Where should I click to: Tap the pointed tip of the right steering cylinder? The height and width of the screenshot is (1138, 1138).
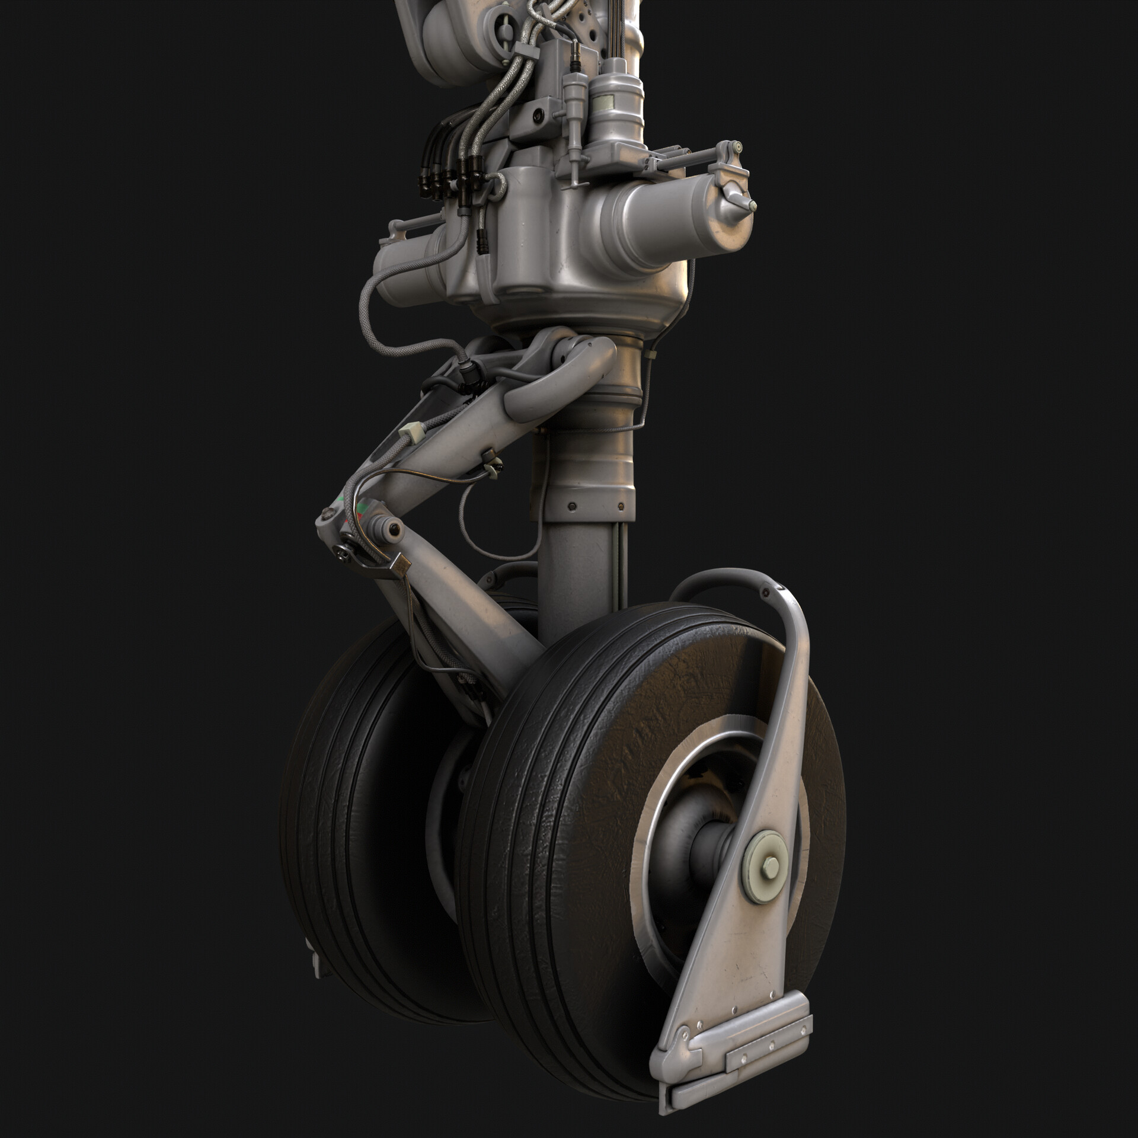click(x=752, y=205)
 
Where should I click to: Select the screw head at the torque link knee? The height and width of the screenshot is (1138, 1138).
click(x=341, y=552)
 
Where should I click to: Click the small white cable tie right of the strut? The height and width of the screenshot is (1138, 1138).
click(x=651, y=353)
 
